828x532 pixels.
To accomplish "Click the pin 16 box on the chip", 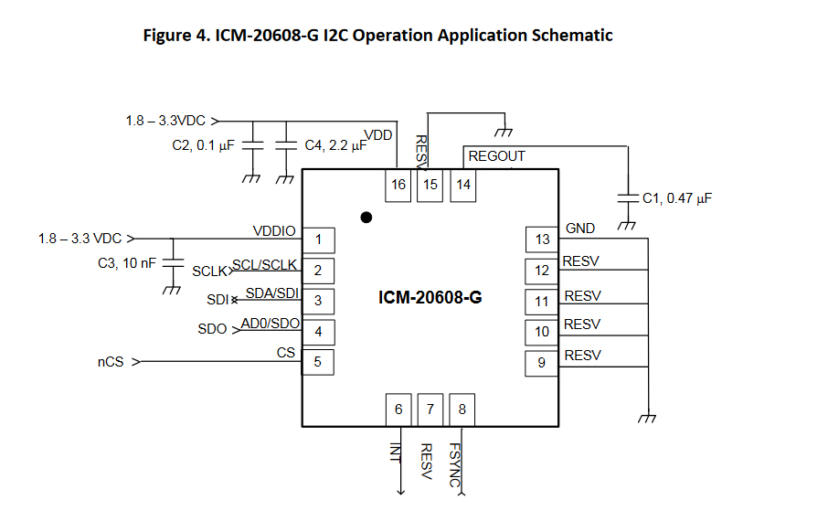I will coord(398,185).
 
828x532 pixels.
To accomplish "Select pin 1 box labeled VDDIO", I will coord(318,240).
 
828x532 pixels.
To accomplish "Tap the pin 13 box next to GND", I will coord(542,239).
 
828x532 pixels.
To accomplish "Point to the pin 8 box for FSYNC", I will coord(462,410).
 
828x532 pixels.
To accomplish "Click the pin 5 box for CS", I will coord(318,362).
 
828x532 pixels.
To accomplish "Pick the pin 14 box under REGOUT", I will coord(463,185).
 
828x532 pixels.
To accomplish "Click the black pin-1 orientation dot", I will coord(366,218).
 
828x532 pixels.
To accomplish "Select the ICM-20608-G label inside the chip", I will coord(430,297).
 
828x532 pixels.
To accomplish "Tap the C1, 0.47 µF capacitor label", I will coord(677,197).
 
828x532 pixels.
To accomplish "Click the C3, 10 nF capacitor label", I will coord(127,262).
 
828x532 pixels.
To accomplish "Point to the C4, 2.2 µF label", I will coord(335,145).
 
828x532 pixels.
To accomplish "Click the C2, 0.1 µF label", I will coord(204,145).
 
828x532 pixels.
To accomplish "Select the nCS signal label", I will coord(110,362).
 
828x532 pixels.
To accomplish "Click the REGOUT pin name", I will coord(496,156).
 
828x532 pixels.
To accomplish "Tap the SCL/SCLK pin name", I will coord(264,264).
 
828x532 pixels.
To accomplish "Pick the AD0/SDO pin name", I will coord(270,324).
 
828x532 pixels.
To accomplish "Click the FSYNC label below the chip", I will coord(454,465).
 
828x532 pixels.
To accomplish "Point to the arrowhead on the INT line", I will coord(399,492).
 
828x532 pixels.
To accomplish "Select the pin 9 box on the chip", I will coord(542,363).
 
